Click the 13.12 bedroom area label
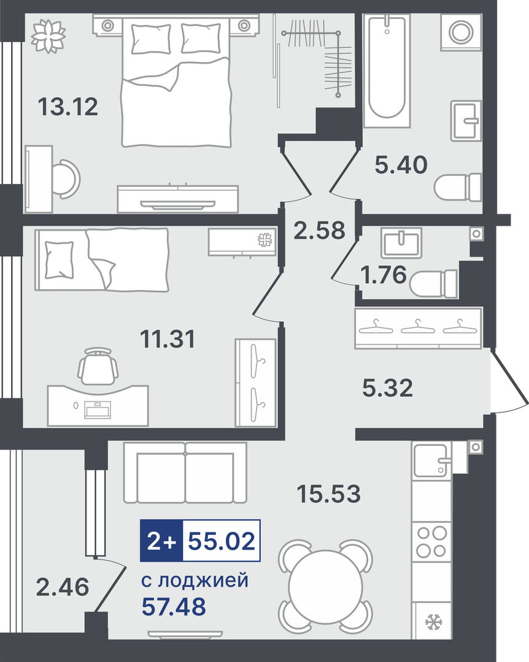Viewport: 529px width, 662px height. (68, 106)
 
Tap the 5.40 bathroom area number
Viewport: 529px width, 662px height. (401, 164)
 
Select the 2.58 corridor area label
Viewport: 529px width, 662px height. (320, 231)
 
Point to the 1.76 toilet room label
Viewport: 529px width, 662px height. (384, 275)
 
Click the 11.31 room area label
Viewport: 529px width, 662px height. (168, 339)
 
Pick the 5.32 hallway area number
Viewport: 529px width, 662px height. (388, 388)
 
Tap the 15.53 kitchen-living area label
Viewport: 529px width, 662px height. (329, 493)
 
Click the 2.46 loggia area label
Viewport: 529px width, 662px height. (63, 587)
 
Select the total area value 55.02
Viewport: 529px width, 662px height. (222, 541)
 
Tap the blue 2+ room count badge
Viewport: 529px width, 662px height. (161, 541)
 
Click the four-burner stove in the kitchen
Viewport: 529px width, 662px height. (432, 541)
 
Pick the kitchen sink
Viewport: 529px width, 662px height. (432, 460)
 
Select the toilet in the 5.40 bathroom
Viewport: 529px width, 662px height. (458, 188)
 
